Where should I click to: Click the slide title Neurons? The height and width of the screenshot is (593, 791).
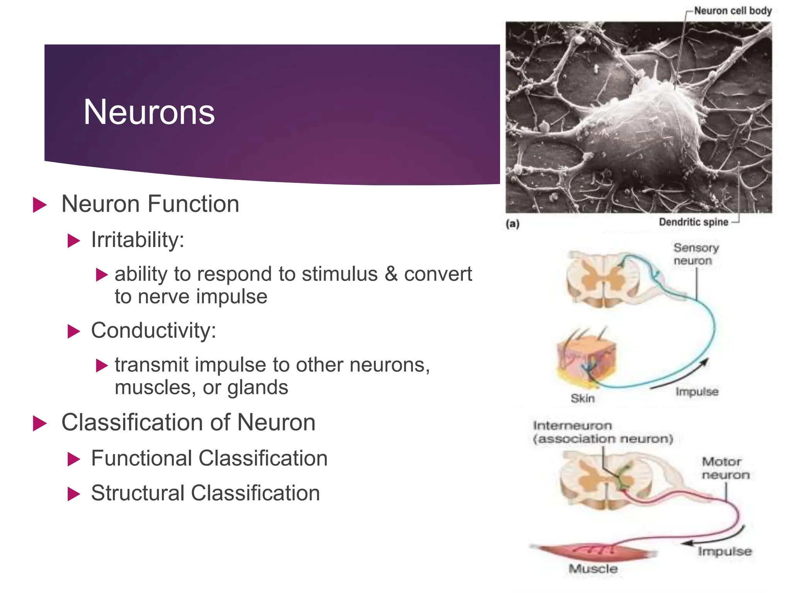pos(149,112)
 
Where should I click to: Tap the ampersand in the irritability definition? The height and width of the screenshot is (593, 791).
pos(391,274)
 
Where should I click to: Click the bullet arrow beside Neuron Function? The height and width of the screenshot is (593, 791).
pos(39,205)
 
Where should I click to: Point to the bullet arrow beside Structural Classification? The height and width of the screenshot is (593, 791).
pos(73,494)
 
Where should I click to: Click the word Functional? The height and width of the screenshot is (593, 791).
pos(141,458)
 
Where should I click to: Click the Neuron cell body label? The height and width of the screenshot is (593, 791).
pos(733,11)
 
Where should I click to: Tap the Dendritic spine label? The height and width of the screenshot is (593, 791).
pos(693,222)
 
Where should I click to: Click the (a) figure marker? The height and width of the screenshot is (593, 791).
pos(513,224)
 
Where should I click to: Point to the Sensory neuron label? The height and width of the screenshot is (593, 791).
pos(696,254)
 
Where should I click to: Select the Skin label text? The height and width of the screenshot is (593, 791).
pos(582,398)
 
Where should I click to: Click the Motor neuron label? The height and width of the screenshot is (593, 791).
pos(725,468)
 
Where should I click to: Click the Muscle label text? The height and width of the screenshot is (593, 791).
pos(593,569)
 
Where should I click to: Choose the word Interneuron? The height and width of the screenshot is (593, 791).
pos(572,425)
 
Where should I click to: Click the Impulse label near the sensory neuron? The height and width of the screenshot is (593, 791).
pos(697,391)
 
